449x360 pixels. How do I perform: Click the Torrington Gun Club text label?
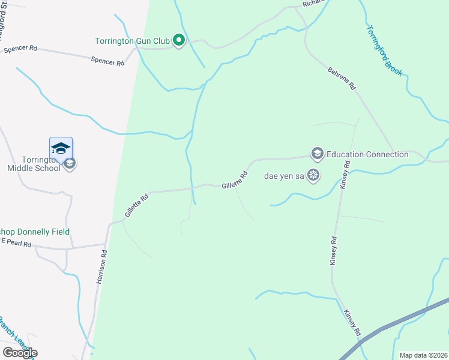(x=133, y=41)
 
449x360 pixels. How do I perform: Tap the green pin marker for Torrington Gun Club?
(x=178, y=41)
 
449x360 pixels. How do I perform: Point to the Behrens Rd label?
(x=342, y=79)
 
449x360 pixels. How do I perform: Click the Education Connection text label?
(x=367, y=154)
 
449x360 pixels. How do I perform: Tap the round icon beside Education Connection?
(x=317, y=154)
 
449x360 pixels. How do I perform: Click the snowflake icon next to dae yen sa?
(x=312, y=175)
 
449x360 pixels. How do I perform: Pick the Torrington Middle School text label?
(x=34, y=164)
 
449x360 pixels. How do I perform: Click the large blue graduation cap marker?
(x=61, y=148)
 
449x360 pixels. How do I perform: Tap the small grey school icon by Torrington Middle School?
(x=70, y=164)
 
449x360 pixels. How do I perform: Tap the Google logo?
(x=20, y=352)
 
